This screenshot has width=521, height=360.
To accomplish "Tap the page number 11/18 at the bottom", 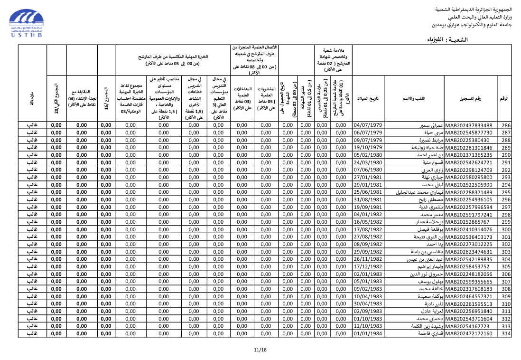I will click(260, 350).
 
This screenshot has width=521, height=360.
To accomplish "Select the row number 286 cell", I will click(506, 125).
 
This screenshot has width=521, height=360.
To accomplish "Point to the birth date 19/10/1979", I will click(368, 148).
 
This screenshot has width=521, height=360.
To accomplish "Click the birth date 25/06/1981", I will click(368, 192).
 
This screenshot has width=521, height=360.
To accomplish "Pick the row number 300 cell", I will click(506, 229).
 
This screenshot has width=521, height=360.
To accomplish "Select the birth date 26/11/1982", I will click(368, 259).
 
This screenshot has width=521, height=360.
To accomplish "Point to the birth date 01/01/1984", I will click(368, 334).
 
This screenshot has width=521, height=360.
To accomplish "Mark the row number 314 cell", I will click(506, 334).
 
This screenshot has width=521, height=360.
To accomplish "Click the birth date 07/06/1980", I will click(368, 170).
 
